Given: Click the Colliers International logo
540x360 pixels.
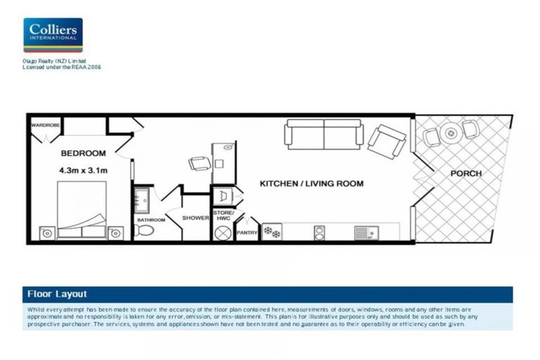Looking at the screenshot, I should [53, 35].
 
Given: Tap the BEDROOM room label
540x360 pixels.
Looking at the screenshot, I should [83, 153].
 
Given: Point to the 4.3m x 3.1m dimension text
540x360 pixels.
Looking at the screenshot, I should [83, 169].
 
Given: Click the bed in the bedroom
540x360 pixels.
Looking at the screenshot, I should [82, 210].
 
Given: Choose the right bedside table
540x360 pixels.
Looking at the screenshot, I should [117, 232].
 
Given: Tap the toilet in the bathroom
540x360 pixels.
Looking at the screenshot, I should [143, 231].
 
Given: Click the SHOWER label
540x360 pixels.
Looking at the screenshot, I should [195, 218].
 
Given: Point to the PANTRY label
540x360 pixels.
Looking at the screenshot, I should [247, 232].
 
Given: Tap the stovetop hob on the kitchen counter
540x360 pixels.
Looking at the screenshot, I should [272, 231].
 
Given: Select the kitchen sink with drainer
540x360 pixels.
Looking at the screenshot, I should [366, 231].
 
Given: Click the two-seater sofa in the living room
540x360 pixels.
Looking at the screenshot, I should [324, 134].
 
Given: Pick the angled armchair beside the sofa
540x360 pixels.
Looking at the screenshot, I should [386, 141].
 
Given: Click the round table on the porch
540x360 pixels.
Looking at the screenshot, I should [449, 131].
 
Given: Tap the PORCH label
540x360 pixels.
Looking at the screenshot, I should [465, 174].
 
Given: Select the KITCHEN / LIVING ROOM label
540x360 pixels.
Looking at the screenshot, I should [311, 184].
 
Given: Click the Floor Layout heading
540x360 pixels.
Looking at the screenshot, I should [57, 294].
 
